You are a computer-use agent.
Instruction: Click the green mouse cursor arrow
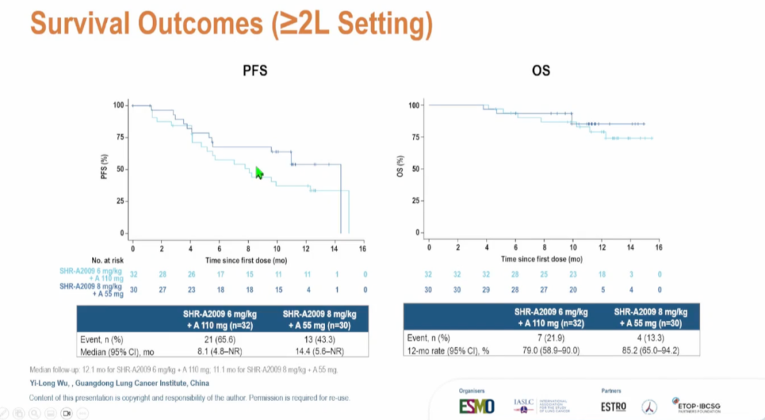point(259,173)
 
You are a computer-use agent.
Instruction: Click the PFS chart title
point(255,71)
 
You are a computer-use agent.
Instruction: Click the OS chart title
point(541,71)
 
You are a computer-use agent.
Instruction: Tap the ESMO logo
point(477,407)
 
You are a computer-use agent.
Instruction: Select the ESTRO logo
point(613,407)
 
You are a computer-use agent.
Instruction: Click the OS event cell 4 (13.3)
point(647,338)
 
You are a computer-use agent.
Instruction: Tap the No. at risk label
point(107,261)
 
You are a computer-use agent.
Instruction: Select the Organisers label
point(471,390)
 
